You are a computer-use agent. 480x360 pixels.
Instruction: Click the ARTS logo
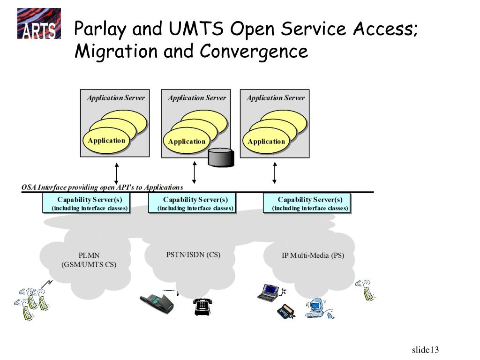pos(39,23)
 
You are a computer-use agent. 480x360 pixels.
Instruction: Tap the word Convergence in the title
pos(254,51)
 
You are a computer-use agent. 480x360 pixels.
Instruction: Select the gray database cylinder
pos(221,157)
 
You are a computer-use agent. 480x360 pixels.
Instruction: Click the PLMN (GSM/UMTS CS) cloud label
pos(89,260)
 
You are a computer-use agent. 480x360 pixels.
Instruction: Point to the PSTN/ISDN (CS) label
pos(193,255)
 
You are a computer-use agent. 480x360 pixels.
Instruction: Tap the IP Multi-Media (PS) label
pos(313,255)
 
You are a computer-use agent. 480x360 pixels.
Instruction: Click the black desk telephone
pos(202,307)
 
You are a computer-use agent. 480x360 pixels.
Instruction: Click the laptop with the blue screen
pos(270,293)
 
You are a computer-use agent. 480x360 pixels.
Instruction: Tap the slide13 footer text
pos(425,350)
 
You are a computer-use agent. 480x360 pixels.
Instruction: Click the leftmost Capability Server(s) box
pos(86,203)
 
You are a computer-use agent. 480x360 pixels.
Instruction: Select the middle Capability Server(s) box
pos(192,203)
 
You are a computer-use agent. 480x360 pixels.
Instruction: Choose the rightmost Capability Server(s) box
pos(307,203)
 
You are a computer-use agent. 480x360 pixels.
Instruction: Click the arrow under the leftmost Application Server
pos(116,173)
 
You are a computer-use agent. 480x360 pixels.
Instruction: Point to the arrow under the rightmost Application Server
pos(275,173)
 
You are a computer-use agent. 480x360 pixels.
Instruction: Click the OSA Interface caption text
pos(102,187)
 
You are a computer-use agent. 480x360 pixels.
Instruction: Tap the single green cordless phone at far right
pos(366,290)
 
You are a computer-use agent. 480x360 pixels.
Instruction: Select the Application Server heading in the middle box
pos(197,98)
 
